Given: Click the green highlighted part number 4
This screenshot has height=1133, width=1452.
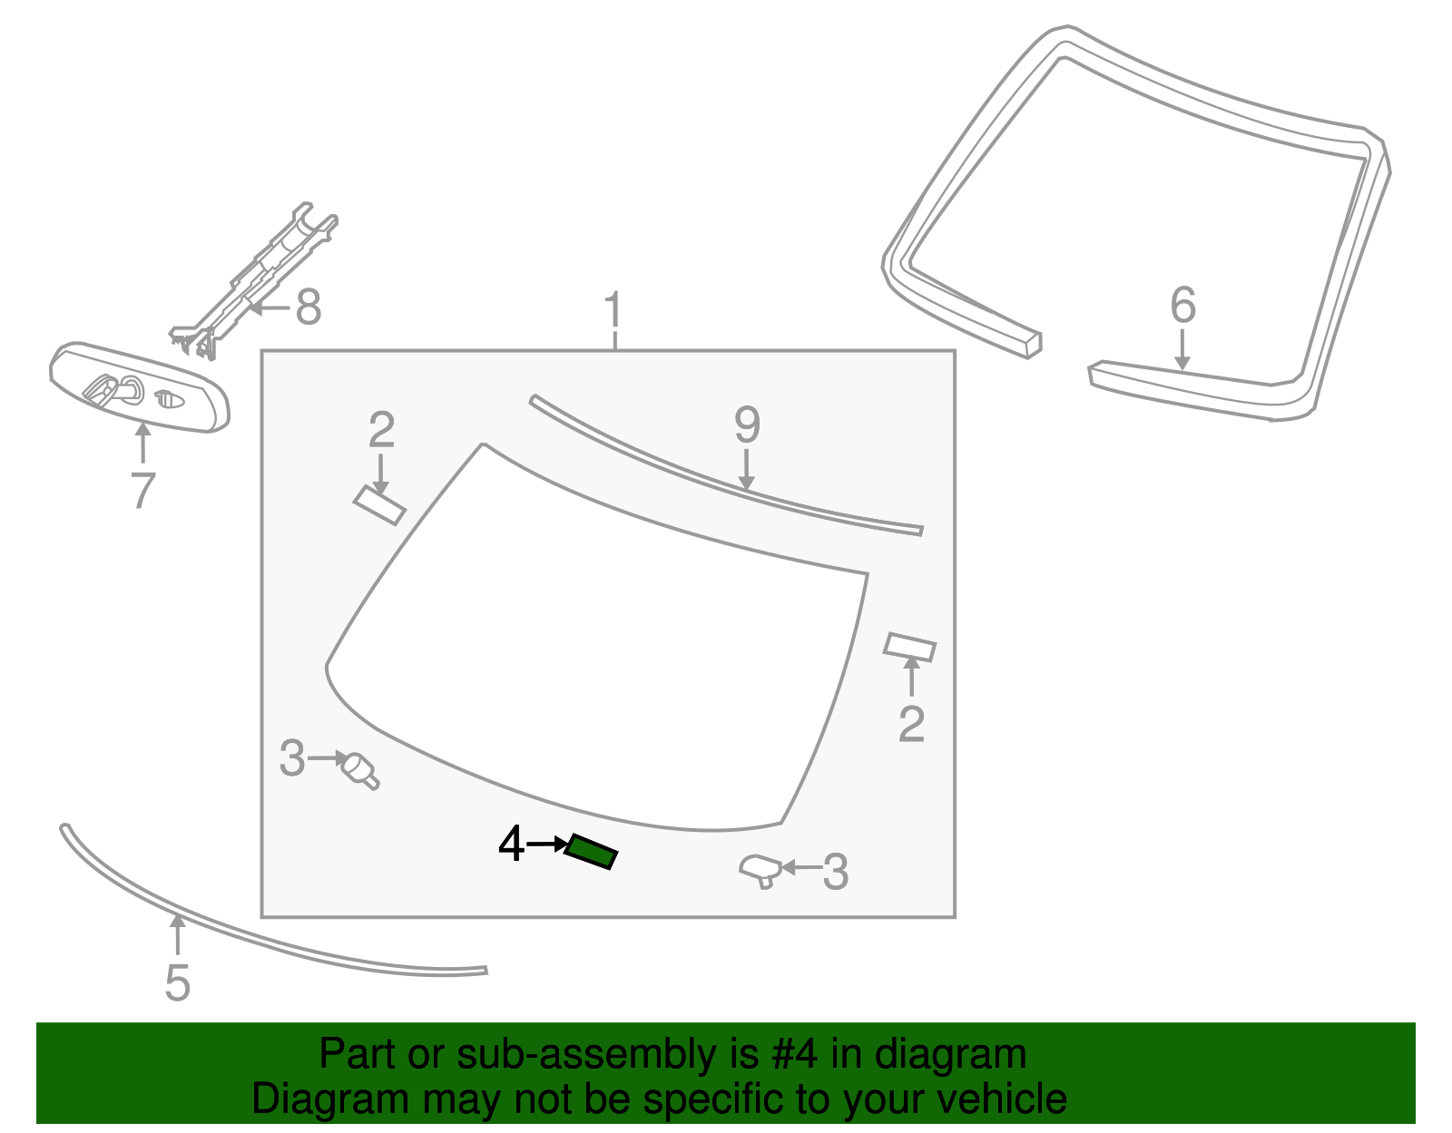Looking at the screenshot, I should tap(591, 853).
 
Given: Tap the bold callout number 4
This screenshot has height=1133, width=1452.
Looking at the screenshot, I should tap(511, 845).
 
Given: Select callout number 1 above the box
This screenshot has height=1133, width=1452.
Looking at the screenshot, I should tap(614, 311).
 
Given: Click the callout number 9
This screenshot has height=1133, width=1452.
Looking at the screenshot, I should tap(746, 425).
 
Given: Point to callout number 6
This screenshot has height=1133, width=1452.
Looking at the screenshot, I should tap(1182, 305).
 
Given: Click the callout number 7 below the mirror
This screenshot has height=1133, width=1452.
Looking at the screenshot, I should tap(142, 491).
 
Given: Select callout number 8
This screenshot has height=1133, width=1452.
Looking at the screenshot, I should tap(309, 308).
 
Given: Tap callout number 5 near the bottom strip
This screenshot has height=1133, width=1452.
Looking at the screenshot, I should tap(177, 983).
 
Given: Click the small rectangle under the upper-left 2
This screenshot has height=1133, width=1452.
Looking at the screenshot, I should tap(379, 505).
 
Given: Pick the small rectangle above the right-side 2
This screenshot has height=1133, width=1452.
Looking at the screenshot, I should tap(909, 647).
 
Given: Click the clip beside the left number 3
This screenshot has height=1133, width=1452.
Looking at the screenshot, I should tap(360, 770).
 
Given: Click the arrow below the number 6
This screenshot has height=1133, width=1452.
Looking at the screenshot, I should tap(1182, 350).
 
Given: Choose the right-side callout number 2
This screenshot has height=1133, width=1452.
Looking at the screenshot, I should tap(911, 724).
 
